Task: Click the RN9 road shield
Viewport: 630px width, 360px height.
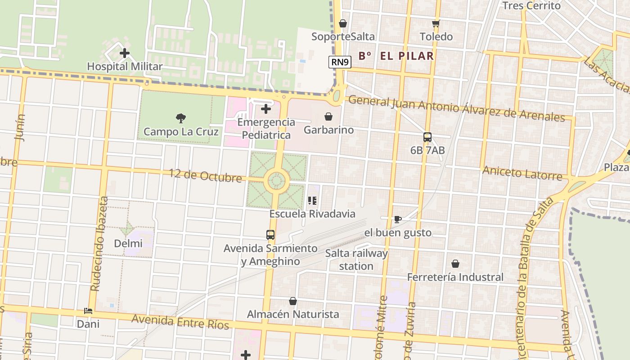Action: tap(340, 63)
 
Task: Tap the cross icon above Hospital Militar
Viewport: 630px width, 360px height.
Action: tap(125, 53)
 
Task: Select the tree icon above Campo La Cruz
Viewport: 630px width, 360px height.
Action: tap(181, 118)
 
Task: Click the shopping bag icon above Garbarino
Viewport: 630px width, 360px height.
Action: tap(328, 117)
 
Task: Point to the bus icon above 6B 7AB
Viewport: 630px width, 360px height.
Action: tap(427, 137)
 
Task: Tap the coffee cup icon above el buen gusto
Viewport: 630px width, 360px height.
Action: tap(397, 219)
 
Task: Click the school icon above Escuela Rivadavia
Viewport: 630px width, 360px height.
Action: tap(312, 201)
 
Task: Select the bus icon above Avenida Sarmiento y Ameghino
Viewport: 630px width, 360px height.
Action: tap(270, 234)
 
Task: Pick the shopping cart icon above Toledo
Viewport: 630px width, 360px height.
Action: tap(436, 23)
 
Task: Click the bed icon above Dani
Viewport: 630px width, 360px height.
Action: tap(88, 311)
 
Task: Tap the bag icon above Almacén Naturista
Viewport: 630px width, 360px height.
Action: tap(293, 301)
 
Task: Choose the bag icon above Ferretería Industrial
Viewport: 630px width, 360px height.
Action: tap(455, 263)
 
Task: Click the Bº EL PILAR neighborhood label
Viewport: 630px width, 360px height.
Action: tap(396, 56)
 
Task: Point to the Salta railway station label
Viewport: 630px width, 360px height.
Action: tap(356, 260)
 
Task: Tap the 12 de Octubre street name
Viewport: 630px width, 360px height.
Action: tap(205, 175)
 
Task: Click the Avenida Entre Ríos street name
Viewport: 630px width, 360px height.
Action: tap(180, 322)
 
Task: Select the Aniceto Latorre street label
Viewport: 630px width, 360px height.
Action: tap(522, 173)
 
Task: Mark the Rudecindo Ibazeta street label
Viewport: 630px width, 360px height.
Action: tap(99, 243)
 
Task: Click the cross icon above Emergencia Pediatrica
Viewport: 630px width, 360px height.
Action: tap(266, 108)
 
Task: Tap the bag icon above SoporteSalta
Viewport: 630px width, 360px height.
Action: tap(343, 23)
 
